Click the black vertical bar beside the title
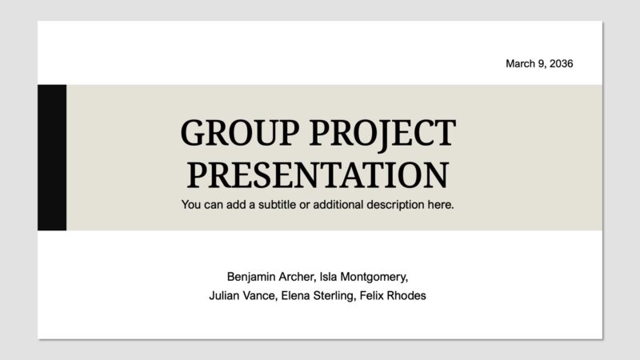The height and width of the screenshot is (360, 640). click(52, 158)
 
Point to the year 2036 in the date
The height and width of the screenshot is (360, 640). click(561, 63)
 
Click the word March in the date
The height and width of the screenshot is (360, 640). click(521, 63)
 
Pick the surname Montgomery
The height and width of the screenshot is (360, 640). click(376, 277)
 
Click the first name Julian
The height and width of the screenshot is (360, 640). click(225, 296)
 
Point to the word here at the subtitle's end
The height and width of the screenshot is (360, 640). click(442, 205)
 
